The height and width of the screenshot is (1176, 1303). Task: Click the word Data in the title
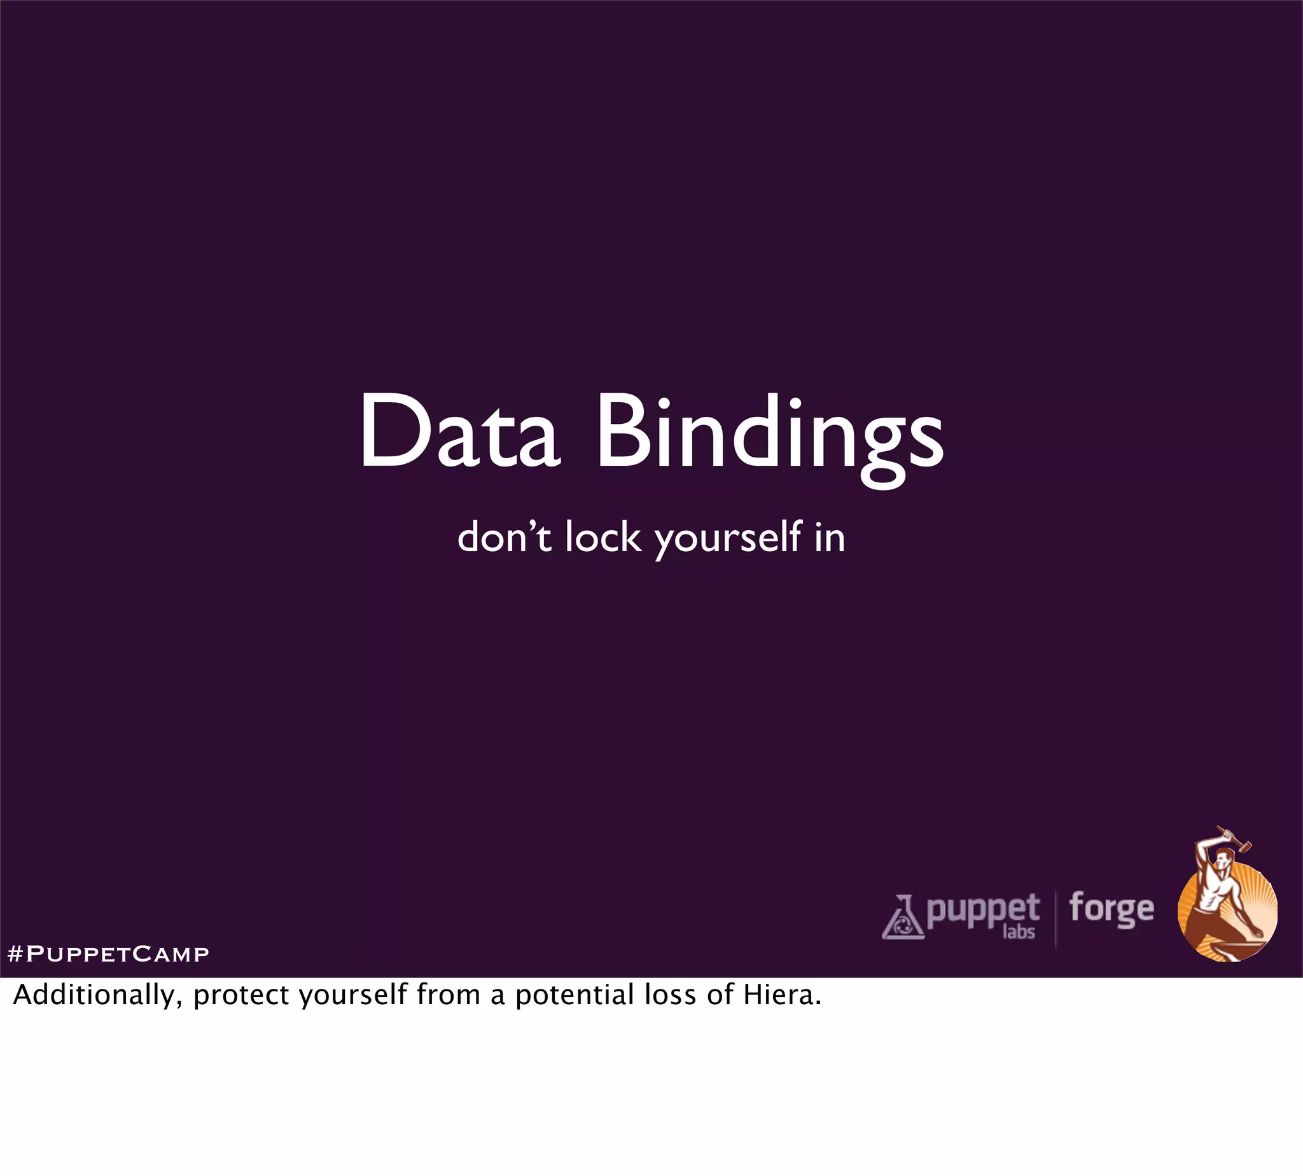coord(459,431)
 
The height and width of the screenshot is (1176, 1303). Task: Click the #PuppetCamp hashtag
coord(108,954)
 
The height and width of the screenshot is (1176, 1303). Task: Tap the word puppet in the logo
coord(982,910)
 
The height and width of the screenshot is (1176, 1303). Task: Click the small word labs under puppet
coord(1019,932)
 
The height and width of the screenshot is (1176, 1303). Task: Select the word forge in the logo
coord(1111,910)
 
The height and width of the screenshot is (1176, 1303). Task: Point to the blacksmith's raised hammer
coord(1236,841)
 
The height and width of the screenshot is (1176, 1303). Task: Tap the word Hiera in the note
coord(782,995)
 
